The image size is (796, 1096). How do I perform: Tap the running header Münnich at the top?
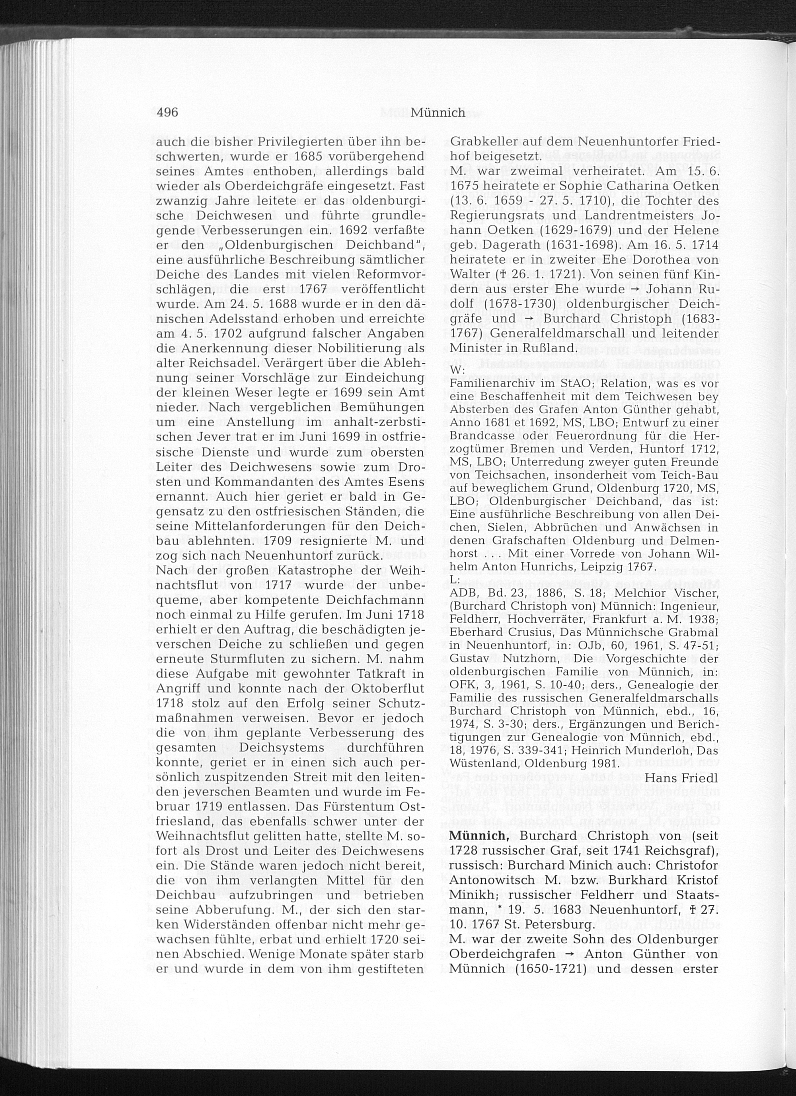pos(438,113)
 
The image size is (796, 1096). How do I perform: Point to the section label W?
pos(457,369)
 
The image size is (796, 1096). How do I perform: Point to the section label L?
pos(455,578)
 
